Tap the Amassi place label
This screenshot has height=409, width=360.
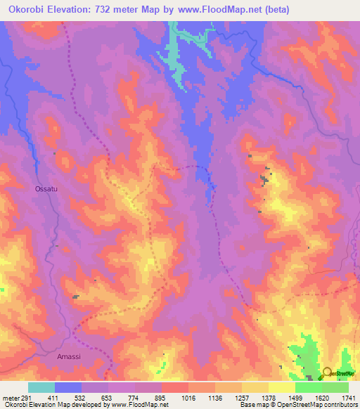click(x=69, y=357)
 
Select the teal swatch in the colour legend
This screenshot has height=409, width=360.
click(x=41, y=387)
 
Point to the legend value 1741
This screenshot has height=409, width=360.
click(x=347, y=397)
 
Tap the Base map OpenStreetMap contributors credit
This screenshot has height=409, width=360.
click(x=298, y=405)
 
